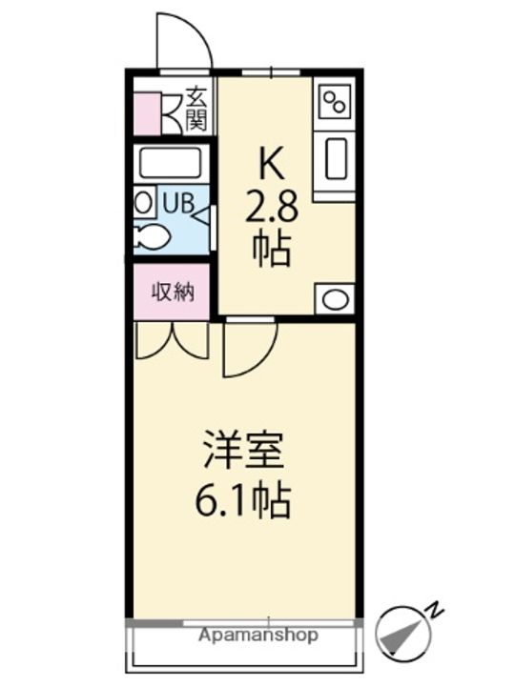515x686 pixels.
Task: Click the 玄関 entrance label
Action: pos(196,108)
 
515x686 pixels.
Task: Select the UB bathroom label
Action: pos(177,203)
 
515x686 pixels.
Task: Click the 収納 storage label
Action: pos(173,292)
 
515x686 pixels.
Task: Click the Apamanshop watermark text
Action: pos(258,635)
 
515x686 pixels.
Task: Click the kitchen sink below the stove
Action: pos(335,158)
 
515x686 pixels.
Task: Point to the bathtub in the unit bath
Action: pos(171,163)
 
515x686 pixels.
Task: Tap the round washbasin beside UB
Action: pos(143,202)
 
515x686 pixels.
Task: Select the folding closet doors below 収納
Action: pos(173,341)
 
